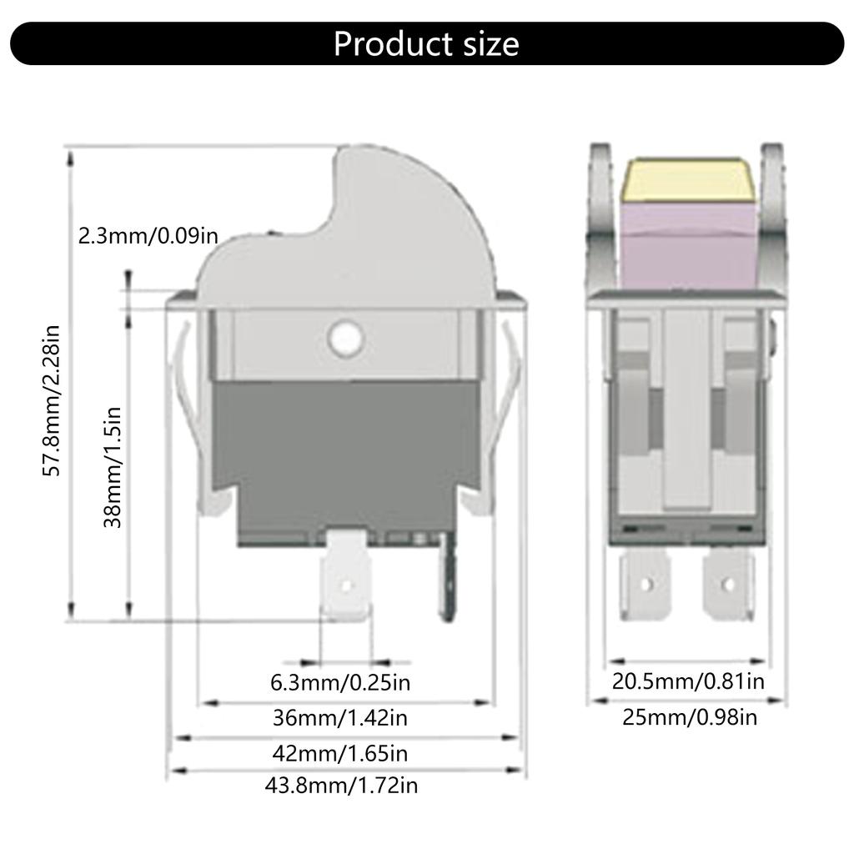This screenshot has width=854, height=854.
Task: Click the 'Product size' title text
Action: pyautogui.click(x=426, y=43)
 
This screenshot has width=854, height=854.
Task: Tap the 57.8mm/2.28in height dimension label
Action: pyautogui.click(x=53, y=400)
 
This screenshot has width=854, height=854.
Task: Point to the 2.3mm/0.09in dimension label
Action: pyautogui.click(x=148, y=236)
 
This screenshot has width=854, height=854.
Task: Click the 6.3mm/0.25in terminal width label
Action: pyautogui.click(x=340, y=683)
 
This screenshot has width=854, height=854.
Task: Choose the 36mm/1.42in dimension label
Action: pyautogui.click(x=340, y=717)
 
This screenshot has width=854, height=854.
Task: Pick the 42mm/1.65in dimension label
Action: pyautogui.click(x=340, y=754)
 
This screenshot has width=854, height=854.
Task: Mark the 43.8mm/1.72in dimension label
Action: pyautogui.click(x=341, y=785)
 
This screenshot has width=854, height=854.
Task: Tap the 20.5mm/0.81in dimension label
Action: pyautogui.click(x=688, y=681)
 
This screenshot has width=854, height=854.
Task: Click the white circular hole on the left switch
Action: pyautogui.click(x=344, y=338)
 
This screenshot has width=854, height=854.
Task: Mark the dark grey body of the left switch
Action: pyautogui.click(x=344, y=442)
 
